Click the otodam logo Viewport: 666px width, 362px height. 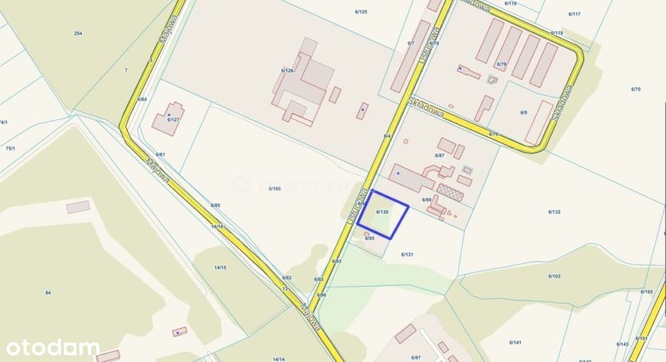[x=53, y=347]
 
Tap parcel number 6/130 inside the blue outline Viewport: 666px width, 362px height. [x=382, y=211]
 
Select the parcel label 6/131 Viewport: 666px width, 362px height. [x=408, y=254]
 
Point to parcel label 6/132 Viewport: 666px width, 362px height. [x=554, y=211]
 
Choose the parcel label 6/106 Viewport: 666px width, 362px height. [x=274, y=189]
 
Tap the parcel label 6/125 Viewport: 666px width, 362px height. [x=361, y=12]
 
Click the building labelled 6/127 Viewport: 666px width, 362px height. [x=166, y=121]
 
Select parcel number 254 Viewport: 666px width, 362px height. [x=79, y=33]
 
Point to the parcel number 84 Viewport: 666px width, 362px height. [x=48, y=293]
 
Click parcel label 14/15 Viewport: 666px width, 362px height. [x=220, y=267]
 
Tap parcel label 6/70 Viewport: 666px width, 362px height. [x=635, y=89]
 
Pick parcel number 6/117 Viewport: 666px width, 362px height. [x=575, y=14]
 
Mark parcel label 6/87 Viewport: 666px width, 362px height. [x=439, y=155]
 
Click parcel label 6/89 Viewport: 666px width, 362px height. [x=427, y=199]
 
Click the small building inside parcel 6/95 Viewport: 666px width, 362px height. [x=367, y=233]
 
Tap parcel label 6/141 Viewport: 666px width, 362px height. [x=515, y=342]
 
